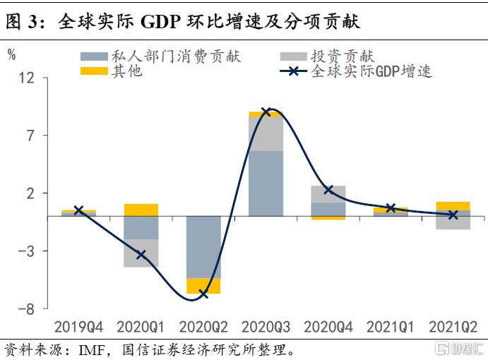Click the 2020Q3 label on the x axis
tap(266, 327)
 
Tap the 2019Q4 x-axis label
tap(78, 327)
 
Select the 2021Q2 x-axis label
tap(453, 327)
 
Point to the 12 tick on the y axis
tap(26, 78)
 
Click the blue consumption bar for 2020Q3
tap(266, 183)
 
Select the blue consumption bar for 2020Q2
tap(203, 247)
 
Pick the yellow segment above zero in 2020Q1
tap(141, 210)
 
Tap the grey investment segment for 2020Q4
tap(328, 194)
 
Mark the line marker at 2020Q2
tap(203, 293)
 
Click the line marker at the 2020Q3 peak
tap(266, 112)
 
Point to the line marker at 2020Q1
tap(141, 254)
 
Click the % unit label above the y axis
tap(12, 55)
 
